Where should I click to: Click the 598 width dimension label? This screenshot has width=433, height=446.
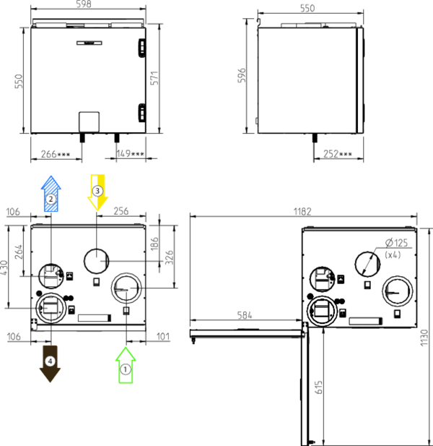click(84, 4)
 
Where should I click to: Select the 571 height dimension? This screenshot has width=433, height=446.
click(154, 78)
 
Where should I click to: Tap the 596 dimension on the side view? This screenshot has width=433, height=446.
click(242, 75)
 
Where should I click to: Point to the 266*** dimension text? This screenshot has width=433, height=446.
click(56, 154)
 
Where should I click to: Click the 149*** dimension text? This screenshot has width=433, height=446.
click(131, 153)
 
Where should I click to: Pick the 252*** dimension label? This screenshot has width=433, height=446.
click(338, 154)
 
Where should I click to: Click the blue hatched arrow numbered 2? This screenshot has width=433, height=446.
click(51, 194)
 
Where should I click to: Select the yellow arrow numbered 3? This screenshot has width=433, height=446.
click(97, 192)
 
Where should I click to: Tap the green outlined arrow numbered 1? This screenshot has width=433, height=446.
click(126, 365)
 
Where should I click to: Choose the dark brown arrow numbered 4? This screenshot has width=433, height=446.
click(51, 364)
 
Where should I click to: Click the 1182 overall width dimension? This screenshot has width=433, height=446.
click(302, 212)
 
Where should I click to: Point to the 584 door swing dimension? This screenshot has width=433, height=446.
click(245, 315)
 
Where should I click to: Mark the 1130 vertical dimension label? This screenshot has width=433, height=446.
click(424, 338)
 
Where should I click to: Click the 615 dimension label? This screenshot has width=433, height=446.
click(319, 387)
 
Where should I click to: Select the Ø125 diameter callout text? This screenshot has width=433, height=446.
click(397, 243)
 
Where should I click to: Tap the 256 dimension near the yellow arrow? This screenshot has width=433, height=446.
click(121, 211)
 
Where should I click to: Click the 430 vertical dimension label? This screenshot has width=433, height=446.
click(4, 267)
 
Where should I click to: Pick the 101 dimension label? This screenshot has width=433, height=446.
click(163, 337)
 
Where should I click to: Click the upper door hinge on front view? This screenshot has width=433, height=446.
click(142, 48)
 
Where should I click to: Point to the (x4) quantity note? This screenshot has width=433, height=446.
click(393, 254)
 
